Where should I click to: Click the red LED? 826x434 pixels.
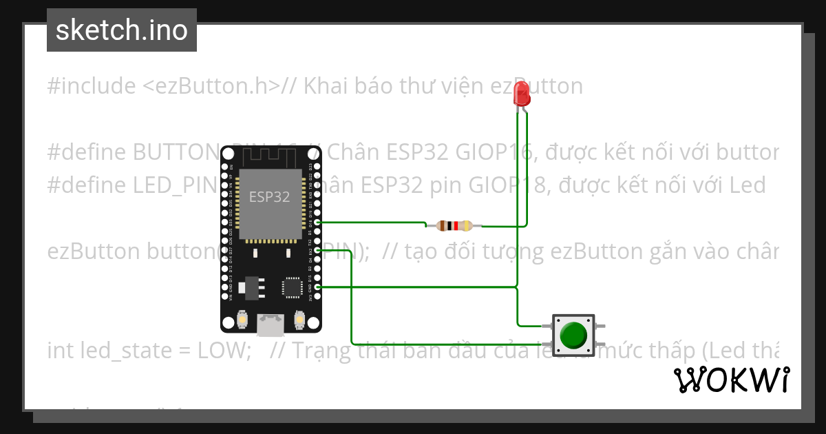click(x=522, y=94)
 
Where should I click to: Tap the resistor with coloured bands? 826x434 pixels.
click(x=454, y=225)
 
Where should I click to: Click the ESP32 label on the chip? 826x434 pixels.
click(x=269, y=196)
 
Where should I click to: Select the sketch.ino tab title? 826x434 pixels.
click(x=122, y=30)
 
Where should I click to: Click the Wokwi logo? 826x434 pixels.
click(x=731, y=380)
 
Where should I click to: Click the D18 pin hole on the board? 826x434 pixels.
click(x=317, y=223)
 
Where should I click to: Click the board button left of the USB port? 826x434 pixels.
click(x=242, y=320)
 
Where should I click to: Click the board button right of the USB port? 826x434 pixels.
click(x=299, y=320)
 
